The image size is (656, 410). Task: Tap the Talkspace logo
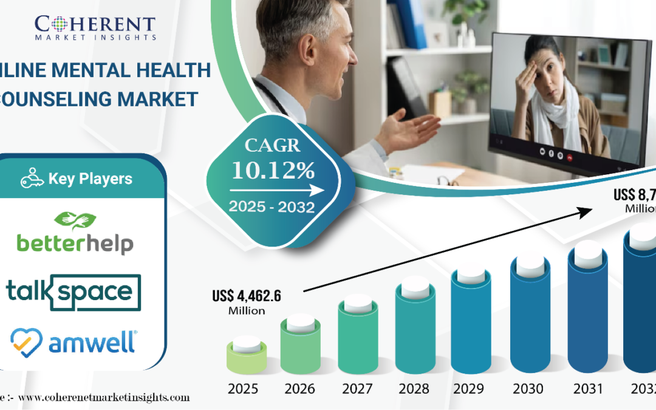click(73, 292)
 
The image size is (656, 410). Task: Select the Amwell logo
click(73, 341)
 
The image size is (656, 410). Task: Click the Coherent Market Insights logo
click(95, 27)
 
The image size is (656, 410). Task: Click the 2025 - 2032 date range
click(272, 207)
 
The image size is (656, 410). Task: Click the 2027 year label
click(358, 389)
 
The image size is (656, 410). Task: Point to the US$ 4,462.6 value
click(247, 297)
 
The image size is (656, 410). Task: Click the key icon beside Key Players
click(32, 179)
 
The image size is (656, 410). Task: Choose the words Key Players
click(90, 179)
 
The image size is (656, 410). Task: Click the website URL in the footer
click(103, 398)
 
